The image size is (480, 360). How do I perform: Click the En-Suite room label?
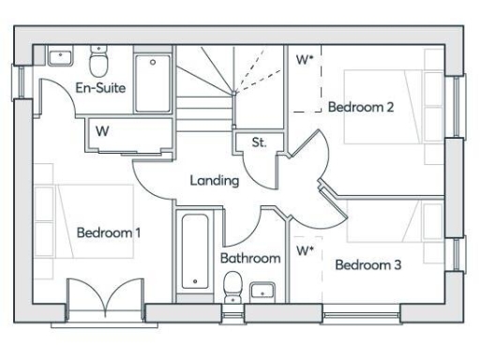[x=101, y=88]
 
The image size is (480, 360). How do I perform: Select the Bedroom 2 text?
[x=360, y=108]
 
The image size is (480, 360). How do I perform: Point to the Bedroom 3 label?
[x=368, y=265]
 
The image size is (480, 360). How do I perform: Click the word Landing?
[x=215, y=181]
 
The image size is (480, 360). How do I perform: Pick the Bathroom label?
[x=250, y=258]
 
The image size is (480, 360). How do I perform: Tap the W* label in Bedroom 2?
[x=306, y=60]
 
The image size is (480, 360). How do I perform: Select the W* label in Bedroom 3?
[x=306, y=250]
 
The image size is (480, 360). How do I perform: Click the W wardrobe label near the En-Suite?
[x=102, y=131]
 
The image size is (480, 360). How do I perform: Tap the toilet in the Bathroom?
[x=233, y=285]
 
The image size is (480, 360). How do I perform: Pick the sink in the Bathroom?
[x=262, y=290]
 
